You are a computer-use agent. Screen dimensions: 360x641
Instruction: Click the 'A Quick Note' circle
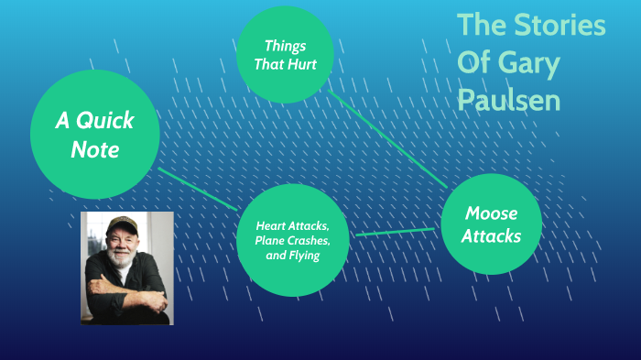94,135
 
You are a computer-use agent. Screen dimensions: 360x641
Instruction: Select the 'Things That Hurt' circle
284,55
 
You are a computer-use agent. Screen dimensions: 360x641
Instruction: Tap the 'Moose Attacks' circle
491,224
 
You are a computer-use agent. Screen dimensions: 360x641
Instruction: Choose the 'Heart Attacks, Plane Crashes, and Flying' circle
292,240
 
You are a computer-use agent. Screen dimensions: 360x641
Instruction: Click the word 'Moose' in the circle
491,213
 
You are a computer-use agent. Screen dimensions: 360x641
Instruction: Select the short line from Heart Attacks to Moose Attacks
395,232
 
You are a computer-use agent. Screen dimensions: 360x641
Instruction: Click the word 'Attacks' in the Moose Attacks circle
491,236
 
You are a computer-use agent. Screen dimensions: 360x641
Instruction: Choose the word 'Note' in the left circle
95,149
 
